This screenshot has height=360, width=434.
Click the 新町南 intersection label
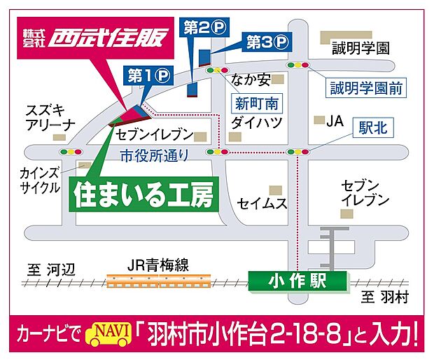coord(256,104)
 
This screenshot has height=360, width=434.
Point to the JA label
coord(336,121)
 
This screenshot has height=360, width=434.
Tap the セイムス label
coord(262,203)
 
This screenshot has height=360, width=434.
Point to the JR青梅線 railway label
coord(159,264)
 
